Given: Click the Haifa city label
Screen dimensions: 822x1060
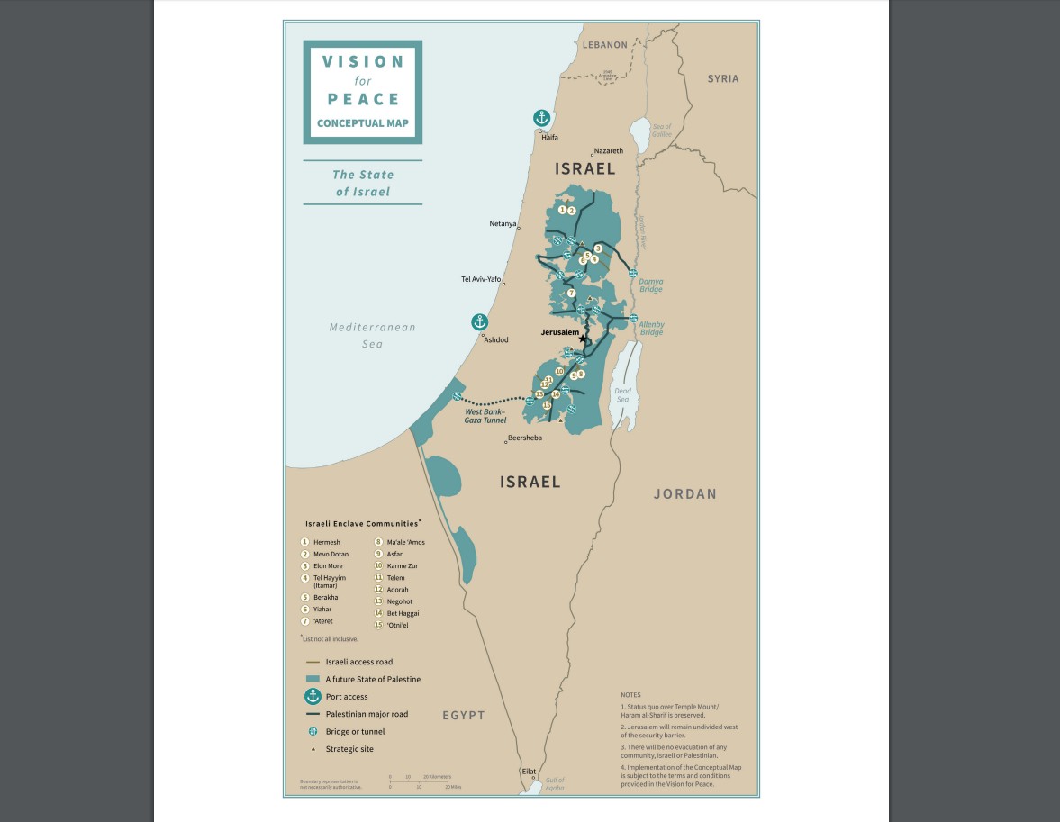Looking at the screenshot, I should point(549,138).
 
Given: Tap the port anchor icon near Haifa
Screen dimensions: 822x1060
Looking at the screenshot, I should point(541,118).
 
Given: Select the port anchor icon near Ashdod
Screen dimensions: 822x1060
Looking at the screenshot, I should point(480,322).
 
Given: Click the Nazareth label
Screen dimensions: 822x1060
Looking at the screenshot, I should point(608,150).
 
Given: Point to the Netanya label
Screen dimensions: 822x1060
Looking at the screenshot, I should point(503,223).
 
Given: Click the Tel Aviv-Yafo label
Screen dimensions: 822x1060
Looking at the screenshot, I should point(480,279).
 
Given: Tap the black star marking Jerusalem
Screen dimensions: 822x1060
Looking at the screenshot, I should point(583,339).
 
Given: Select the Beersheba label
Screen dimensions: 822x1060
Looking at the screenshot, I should point(525,438).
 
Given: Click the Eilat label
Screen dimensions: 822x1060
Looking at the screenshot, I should point(529,772).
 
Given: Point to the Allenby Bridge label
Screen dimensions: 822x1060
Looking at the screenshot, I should point(651,329).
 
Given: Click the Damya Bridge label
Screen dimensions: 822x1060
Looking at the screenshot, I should point(650,285).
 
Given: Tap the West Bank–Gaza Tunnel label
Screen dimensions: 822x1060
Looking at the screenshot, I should point(485,416).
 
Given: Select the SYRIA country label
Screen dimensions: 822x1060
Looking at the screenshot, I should point(722,79).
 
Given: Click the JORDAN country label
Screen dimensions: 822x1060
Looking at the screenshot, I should point(684,494).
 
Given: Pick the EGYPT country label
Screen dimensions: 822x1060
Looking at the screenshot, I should point(463,715).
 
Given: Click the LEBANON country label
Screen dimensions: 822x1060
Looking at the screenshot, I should point(604,45).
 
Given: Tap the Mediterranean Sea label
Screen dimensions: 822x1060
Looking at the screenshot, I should point(372,335).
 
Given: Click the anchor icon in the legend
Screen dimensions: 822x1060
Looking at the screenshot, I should point(313,696).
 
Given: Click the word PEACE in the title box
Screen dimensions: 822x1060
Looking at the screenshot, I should point(363,99).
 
